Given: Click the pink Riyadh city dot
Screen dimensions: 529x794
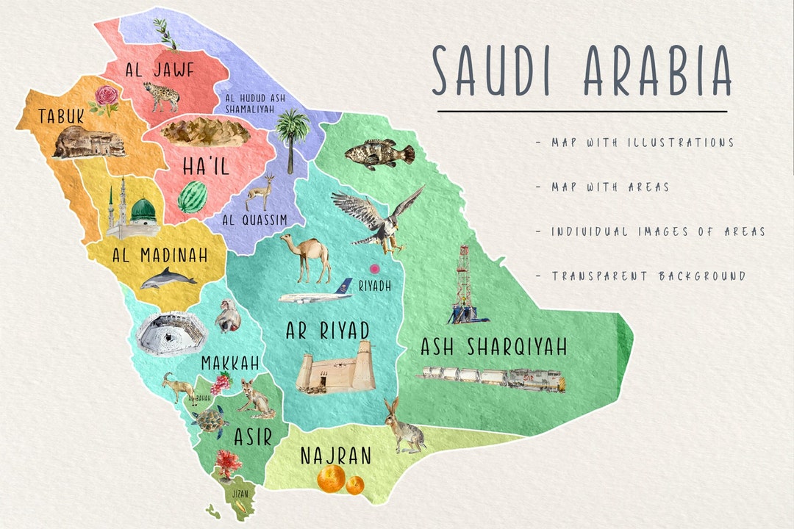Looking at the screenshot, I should pos(374,270).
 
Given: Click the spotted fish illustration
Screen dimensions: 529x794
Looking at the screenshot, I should pos(379,154).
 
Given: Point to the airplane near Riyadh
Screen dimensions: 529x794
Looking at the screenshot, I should pos(316,295).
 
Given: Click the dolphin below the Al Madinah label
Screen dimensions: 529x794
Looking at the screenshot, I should pos(168,278).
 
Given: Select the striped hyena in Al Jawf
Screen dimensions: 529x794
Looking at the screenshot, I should pos(160,96).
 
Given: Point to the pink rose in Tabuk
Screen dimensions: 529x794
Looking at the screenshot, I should pos(107,98).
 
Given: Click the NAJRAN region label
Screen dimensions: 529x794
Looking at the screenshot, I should pos(335,456).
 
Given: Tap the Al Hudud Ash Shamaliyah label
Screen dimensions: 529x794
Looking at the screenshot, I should pos(249,103).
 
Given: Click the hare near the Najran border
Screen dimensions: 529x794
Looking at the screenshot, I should pos(403,426).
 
